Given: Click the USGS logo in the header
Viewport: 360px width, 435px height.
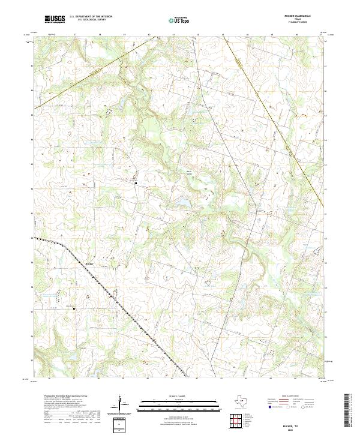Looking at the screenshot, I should (x=54, y=19).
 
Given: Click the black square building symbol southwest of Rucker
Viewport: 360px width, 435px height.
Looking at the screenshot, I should (x=74, y=310).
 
